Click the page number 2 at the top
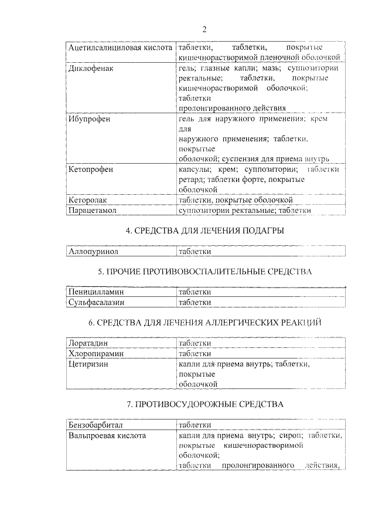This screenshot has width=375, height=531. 204,29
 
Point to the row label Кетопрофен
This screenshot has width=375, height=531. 90,170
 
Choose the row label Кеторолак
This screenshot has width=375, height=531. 88,199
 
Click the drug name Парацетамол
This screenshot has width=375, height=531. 93,209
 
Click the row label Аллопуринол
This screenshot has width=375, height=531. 94,251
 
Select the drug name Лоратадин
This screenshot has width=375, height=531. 89,343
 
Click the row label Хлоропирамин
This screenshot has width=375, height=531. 94,353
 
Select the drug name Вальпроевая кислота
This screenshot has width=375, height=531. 107,435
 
